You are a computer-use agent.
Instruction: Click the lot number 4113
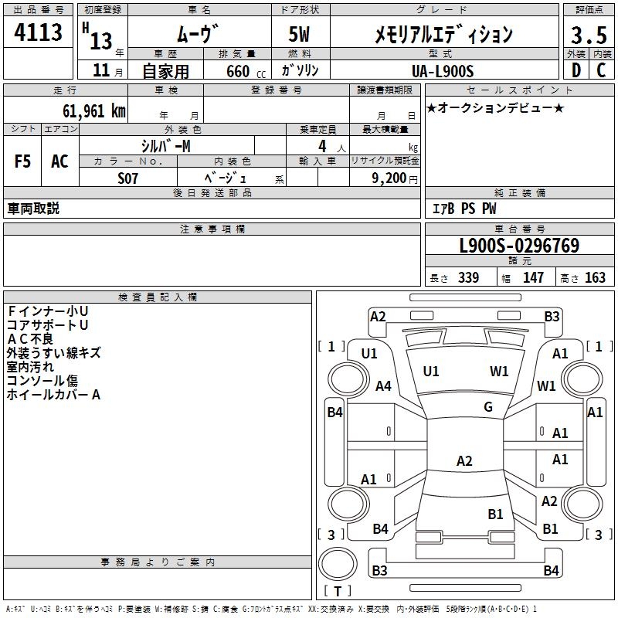click(39, 33)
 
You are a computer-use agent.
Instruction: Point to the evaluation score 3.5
click(587, 35)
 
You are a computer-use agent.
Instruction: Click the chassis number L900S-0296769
click(519, 246)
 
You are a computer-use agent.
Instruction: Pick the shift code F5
click(22, 161)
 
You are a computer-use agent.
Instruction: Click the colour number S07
click(128, 178)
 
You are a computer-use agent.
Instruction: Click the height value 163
click(595, 278)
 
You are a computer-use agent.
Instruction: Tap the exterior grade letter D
click(575, 70)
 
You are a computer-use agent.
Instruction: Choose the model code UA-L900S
click(443, 70)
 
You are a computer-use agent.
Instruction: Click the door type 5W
click(299, 35)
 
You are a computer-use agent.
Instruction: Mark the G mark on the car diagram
click(488, 407)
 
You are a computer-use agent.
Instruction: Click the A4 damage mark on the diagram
click(383, 386)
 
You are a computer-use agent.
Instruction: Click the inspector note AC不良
click(30, 338)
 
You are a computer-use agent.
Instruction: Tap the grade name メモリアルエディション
click(443, 35)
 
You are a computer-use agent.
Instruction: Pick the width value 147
click(533, 278)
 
